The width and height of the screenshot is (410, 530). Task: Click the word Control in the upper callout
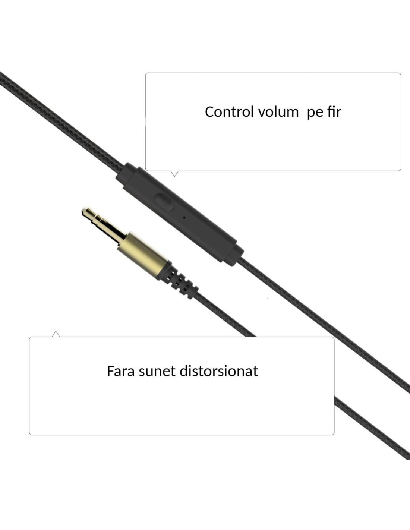(x=229, y=112)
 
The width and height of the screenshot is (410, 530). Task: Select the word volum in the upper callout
(x=278, y=112)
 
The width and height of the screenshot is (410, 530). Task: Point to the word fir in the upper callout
(x=334, y=111)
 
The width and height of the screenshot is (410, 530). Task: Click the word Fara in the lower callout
(x=120, y=371)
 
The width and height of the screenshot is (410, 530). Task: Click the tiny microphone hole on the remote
(x=184, y=217)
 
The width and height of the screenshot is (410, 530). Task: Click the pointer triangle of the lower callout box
(x=56, y=334)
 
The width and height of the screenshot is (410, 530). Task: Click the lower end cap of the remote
(x=234, y=255)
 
